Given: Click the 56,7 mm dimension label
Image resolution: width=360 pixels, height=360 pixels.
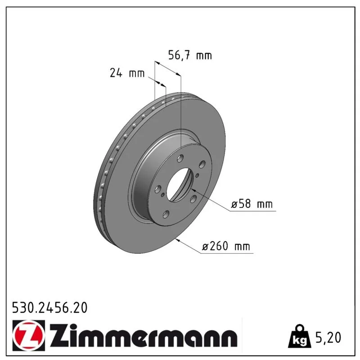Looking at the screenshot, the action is (190, 55).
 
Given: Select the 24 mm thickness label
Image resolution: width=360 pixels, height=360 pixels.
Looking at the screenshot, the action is (127, 73).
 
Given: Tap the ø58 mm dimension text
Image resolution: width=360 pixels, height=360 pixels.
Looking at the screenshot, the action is (252, 204).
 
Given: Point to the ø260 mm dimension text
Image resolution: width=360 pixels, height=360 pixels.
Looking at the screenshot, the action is (226, 246).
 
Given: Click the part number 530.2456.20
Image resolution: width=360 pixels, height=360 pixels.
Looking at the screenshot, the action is (50, 308).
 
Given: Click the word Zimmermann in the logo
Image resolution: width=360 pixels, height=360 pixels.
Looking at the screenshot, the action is (144, 335).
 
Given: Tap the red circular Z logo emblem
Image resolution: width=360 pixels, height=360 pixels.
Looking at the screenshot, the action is (29, 335).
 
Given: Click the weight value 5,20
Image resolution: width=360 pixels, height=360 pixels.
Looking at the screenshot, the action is (328, 337).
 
